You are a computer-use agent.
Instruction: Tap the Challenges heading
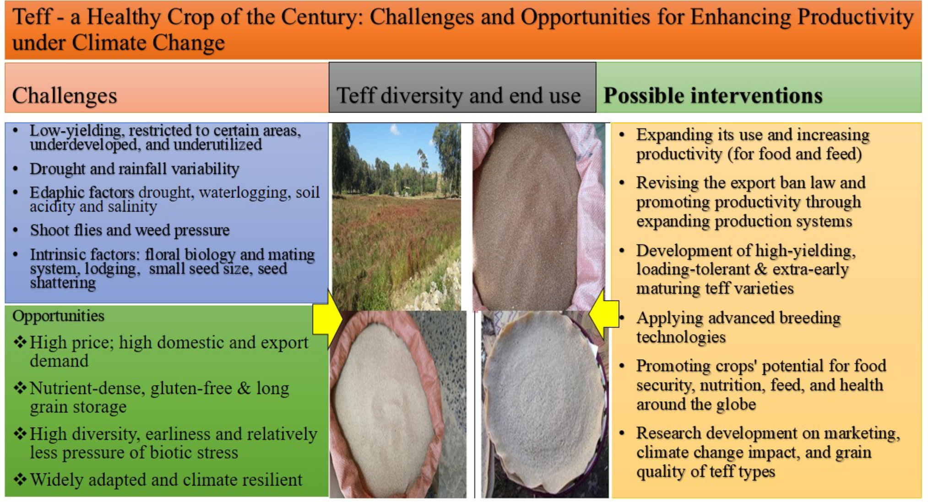65,96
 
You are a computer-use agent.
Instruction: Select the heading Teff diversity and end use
459,96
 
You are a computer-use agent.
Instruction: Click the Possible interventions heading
713,96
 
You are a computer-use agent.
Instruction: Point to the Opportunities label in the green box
58,316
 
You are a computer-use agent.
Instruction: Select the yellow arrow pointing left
604,315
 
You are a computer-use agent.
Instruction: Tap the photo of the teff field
396,216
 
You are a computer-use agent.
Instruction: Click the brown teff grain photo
539,216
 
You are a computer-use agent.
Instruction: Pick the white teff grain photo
398,405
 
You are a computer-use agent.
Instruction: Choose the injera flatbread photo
545,405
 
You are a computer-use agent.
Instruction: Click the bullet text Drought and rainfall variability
135,169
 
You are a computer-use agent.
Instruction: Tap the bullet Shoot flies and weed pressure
130,230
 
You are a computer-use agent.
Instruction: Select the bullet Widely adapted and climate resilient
166,480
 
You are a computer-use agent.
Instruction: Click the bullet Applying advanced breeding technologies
738,327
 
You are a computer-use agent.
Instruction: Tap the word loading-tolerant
692,269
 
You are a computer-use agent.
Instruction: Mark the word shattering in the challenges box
63,283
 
